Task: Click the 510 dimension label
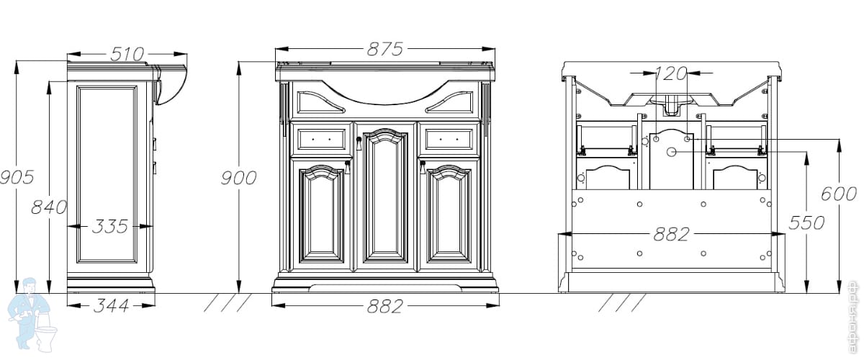point(127,54)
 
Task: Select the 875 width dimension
point(384,49)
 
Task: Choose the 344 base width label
point(111,306)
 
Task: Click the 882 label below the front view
point(384,306)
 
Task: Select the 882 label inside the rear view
point(671,234)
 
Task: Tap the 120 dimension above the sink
point(671,73)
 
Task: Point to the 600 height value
point(840,194)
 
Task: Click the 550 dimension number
point(806,222)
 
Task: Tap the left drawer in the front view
point(321,138)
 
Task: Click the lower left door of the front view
point(322,214)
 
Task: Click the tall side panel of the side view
point(107,173)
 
